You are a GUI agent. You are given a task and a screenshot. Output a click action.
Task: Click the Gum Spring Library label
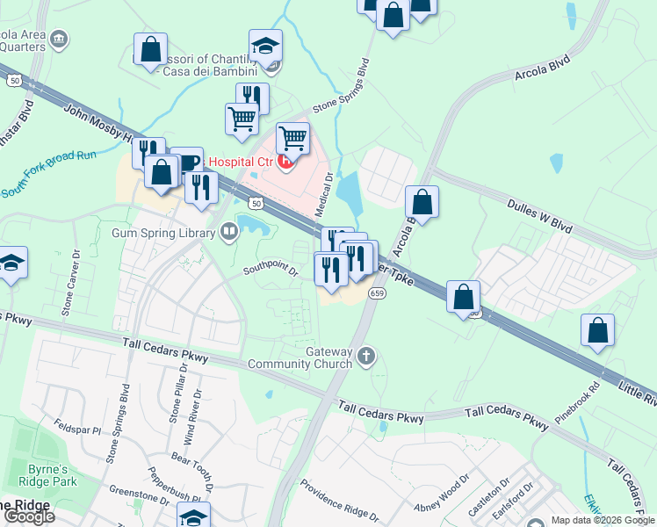click(163, 233)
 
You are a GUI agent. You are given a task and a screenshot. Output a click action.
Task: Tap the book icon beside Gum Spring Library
click(229, 232)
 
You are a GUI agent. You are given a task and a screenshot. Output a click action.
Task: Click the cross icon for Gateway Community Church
click(366, 356)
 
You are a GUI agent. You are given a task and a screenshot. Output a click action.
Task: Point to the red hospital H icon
click(285, 161)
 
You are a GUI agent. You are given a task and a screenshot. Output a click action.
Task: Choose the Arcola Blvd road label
click(545, 73)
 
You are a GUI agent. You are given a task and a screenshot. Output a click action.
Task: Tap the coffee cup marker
click(186, 161)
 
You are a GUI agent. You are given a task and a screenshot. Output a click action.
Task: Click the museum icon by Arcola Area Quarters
click(59, 38)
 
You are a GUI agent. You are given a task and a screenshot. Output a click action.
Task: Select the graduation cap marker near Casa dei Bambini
click(265, 45)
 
